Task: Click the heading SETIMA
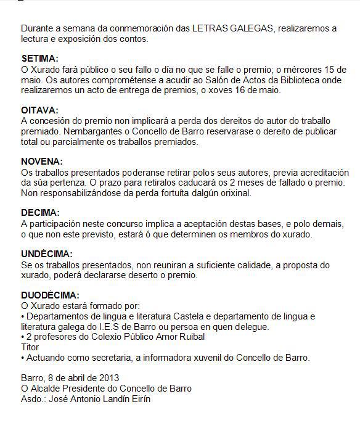click(39, 59)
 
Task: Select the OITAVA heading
click(39, 110)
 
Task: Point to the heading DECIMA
click(40, 213)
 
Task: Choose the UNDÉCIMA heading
click(47, 254)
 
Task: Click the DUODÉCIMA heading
click(51, 295)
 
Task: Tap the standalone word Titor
click(30, 347)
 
